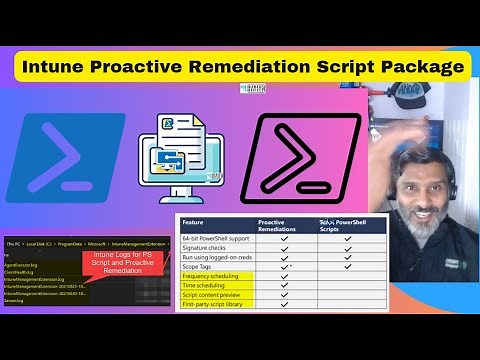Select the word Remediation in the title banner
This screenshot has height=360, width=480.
pyautogui.click(x=273, y=67)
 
